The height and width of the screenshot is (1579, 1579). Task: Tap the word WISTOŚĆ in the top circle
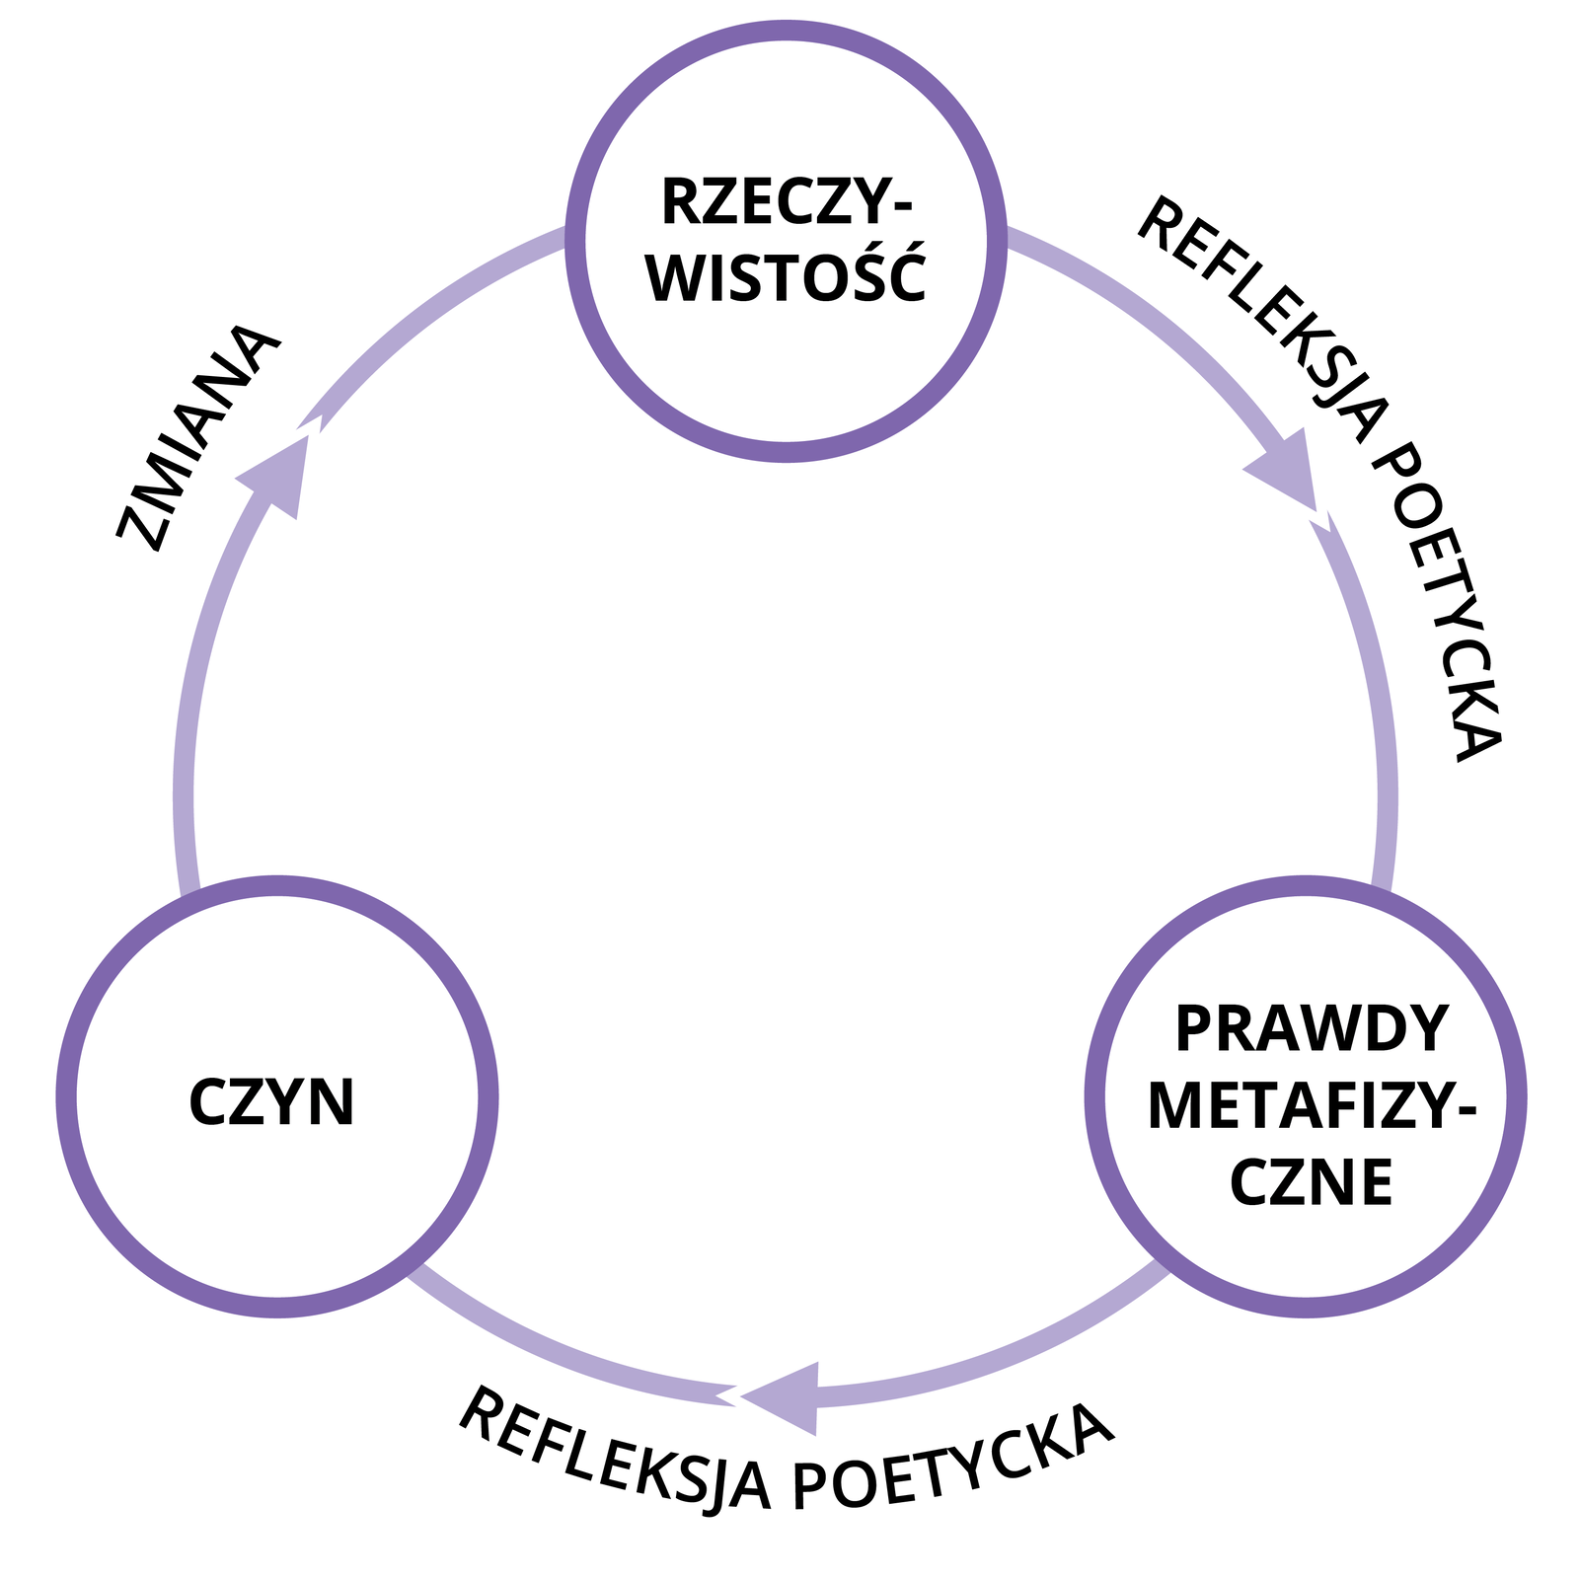[787, 279]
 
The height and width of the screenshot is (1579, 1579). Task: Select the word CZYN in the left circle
[271, 1102]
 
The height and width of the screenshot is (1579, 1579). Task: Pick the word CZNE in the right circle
[1311, 1181]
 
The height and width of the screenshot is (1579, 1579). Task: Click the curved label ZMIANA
[197, 437]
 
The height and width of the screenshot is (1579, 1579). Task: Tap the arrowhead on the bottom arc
[785, 1397]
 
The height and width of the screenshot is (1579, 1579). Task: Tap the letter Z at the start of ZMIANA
[139, 530]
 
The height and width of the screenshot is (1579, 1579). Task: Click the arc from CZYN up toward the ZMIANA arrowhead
[192, 711]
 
